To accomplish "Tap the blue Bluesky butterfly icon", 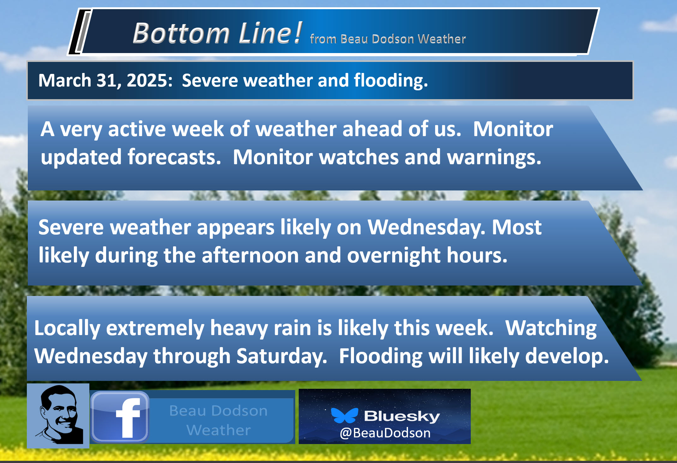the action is coord(344,415).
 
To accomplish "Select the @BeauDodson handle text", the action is coord(385,433).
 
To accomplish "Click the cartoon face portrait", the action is coord(58,415).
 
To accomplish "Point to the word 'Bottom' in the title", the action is coord(181,33).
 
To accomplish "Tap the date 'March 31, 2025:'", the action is coord(105,80).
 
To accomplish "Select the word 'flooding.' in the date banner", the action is coord(391,80).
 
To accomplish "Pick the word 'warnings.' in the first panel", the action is coord(494,157).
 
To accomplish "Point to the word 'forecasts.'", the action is coord(174,157).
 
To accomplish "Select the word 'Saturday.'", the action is coord(282,356).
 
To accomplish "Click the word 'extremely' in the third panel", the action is coord(155,328).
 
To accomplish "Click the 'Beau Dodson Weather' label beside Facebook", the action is coord(219,420).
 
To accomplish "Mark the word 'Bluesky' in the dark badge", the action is coord(402,416).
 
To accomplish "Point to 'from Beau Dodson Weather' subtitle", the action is coord(388,39).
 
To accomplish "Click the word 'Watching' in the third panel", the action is coord(551,328).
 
